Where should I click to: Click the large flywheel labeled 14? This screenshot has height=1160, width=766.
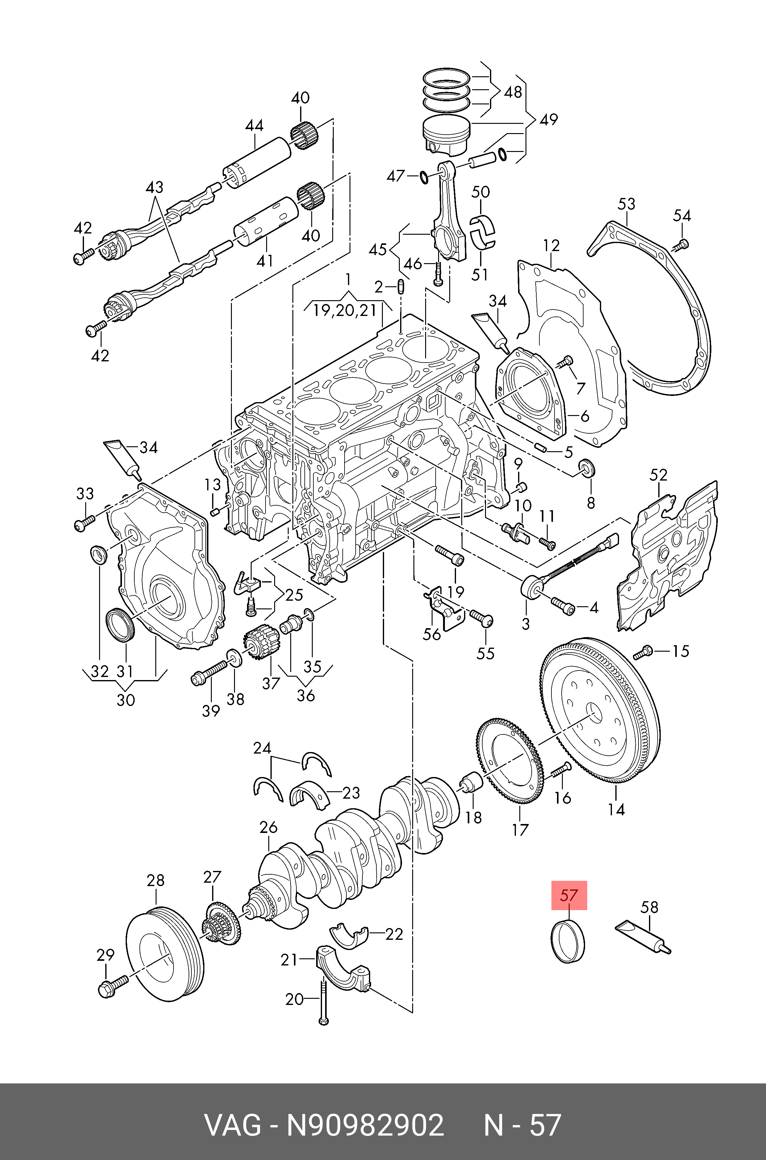(600, 717)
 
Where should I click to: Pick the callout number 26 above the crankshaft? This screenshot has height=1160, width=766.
(269, 827)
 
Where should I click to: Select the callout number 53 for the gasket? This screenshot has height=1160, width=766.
(626, 204)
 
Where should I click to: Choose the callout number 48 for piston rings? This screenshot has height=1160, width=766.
(513, 92)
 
